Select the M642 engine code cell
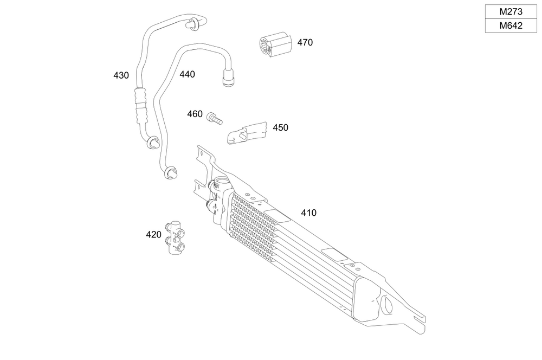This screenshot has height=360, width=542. pyautogui.click(x=511, y=25)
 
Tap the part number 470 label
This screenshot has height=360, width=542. pyautogui.click(x=305, y=42)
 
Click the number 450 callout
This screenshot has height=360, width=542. pyautogui.click(x=280, y=128)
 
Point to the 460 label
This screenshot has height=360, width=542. pyautogui.click(x=195, y=114)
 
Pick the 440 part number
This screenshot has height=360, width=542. pyautogui.click(x=187, y=74)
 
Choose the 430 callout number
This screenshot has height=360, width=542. pyautogui.click(x=121, y=75)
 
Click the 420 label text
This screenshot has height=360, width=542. pyautogui.click(x=153, y=235)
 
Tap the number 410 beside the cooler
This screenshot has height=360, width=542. pyautogui.click(x=308, y=213)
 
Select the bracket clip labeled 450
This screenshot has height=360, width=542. pyautogui.click(x=246, y=133)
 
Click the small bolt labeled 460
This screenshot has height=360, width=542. pyautogui.click(x=214, y=118)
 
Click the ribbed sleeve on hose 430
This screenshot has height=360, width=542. pyautogui.click(x=141, y=105)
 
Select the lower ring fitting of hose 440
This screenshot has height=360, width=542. pyautogui.click(x=170, y=173)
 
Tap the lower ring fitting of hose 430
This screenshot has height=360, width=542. pyautogui.click(x=152, y=143)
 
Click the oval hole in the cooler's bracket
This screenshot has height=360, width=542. pyautogui.click(x=388, y=305)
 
